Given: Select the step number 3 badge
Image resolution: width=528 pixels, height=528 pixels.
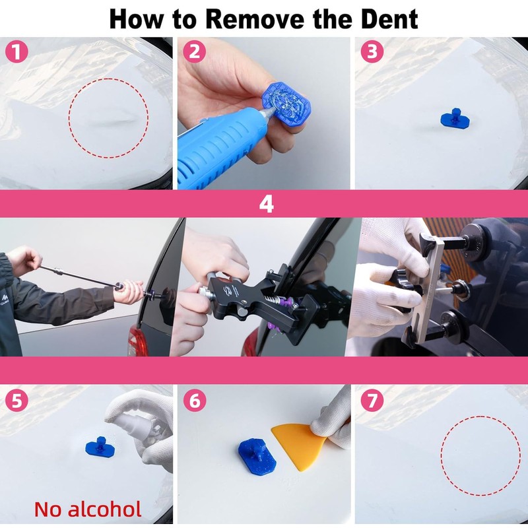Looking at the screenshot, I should click(372, 52).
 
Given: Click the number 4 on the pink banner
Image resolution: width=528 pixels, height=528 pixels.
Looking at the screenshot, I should click(265, 204).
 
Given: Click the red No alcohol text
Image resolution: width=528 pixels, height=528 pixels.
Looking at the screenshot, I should click(88, 509).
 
